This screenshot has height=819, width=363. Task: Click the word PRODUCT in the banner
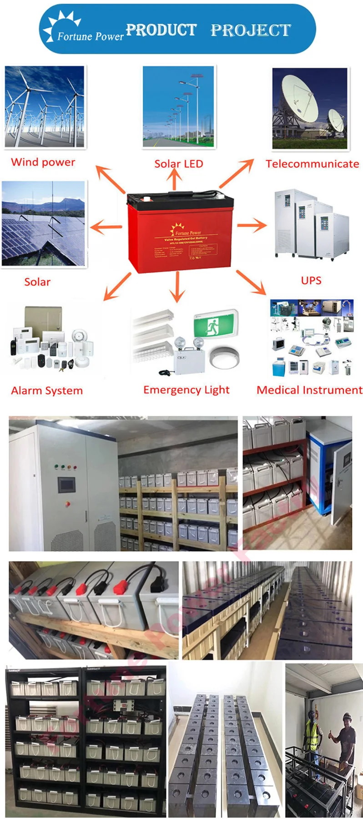(x=161, y=30)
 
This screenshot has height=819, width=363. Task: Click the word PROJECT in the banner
(x=251, y=30)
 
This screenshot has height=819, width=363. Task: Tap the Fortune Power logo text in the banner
(x=90, y=36)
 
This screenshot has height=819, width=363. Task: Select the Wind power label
(x=43, y=162)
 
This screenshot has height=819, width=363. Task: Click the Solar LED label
(x=179, y=164)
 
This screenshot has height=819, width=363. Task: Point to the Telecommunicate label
(x=312, y=164)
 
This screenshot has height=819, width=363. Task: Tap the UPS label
(x=311, y=280)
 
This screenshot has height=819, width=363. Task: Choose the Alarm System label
(x=47, y=390)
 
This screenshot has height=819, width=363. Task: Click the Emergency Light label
(x=186, y=390)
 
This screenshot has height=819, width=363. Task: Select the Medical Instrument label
(x=309, y=390)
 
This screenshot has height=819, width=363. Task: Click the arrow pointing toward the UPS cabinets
(x=252, y=225)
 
